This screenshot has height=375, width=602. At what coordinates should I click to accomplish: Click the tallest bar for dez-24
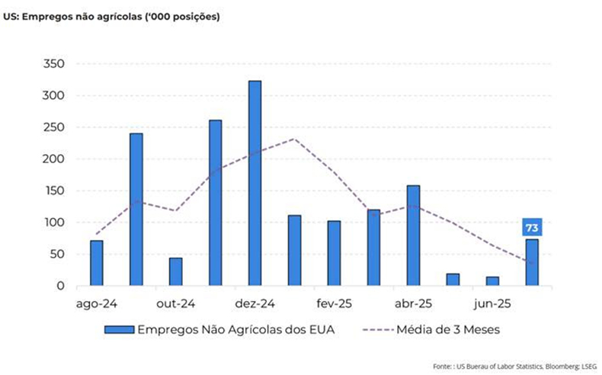pyautogui.click(x=255, y=184)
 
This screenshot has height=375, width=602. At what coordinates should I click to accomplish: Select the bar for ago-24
pyautogui.click(x=96, y=263)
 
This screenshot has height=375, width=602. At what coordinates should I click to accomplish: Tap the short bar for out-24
pyautogui.click(x=175, y=272)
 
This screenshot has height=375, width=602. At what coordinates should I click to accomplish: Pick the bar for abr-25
pyautogui.click(x=413, y=236)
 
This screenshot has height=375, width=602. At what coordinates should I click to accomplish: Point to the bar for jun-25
pyautogui.click(x=492, y=281)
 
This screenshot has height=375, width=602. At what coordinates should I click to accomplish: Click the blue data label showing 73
pyautogui.click(x=532, y=227)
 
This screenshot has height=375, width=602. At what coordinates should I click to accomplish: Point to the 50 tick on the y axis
pyautogui.click(x=58, y=255)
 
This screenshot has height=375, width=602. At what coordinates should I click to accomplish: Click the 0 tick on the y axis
pyautogui.click(x=61, y=286)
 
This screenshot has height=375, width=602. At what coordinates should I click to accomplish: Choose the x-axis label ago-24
pyautogui.click(x=96, y=303)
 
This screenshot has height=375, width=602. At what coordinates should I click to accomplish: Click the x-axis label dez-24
pyautogui.click(x=255, y=303)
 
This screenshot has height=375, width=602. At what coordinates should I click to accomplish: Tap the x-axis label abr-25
pyautogui.click(x=413, y=303)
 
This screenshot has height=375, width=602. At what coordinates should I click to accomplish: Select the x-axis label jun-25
pyautogui.click(x=492, y=303)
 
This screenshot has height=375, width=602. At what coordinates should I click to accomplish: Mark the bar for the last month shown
pyautogui.click(x=532, y=262)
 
